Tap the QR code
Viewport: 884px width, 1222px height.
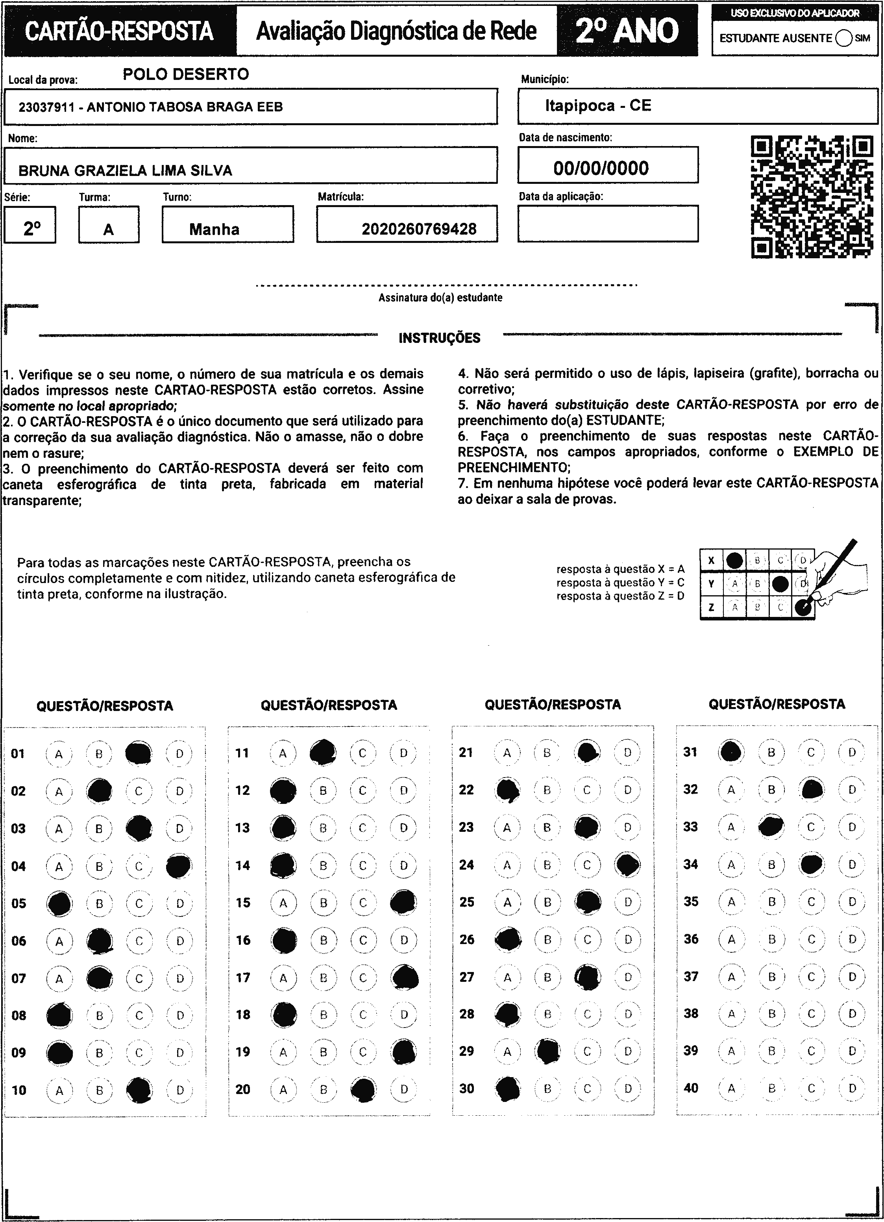point(812,197)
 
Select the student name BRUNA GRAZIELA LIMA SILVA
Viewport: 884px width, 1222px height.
point(125,171)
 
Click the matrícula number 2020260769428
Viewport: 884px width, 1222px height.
point(418,229)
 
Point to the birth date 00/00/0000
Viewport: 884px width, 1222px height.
point(601,168)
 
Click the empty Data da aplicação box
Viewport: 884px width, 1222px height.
point(608,224)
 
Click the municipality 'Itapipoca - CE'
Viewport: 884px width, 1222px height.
point(598,105)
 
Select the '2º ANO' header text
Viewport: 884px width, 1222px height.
point(627,31)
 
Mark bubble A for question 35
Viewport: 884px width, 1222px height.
point(731,902)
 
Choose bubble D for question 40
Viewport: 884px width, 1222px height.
point(852,1089)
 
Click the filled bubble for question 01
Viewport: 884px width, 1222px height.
point(139,753)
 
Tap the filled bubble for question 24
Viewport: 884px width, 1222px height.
point(627,865)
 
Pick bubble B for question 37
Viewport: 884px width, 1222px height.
point(771,977)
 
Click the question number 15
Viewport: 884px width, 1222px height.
point(243,902)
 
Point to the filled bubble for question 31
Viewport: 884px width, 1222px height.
point(731,752)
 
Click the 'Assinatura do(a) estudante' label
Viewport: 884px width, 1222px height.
point(440,297)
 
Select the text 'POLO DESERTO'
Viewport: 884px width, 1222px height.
point(186,74)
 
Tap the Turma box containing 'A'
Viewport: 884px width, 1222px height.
point(109,225)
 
